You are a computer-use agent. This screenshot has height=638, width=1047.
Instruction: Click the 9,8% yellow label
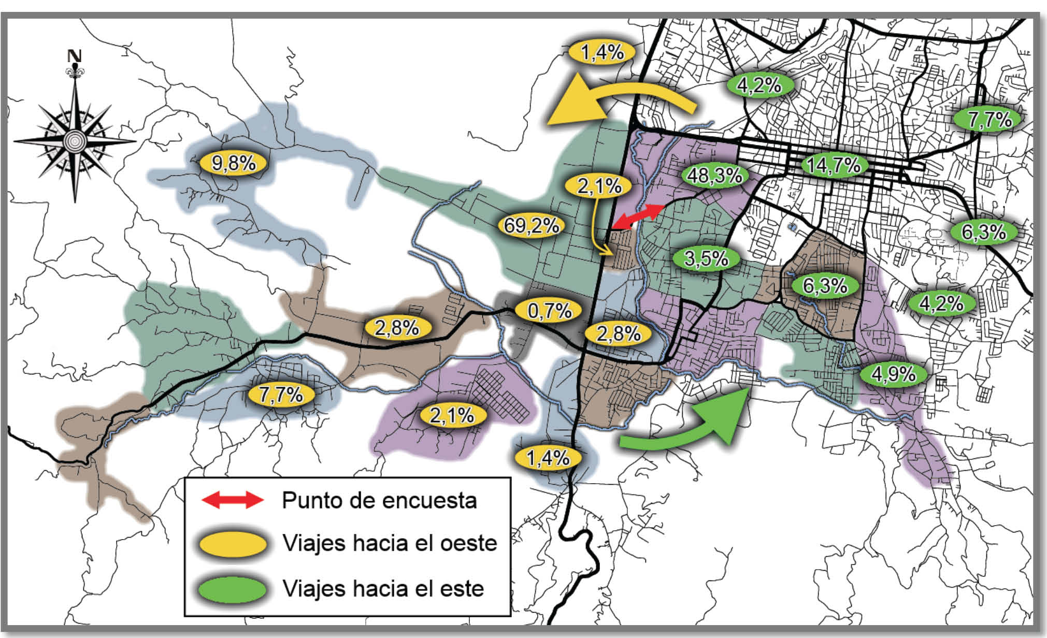pos(233,164)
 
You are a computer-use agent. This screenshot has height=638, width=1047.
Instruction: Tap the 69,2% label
pos(531,226)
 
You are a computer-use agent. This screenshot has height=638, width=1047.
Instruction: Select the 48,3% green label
pos(714,176)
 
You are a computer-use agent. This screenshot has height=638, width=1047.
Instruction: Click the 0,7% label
pos(549,311)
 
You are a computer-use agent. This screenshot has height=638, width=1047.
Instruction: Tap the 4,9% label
pos(893,374)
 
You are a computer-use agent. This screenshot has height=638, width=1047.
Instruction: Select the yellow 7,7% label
pos(281,395)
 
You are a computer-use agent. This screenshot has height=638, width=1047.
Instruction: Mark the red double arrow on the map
pos(638,217)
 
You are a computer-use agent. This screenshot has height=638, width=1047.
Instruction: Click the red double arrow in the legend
pos(233,500)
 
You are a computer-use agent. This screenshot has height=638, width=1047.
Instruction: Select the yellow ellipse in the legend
pos(233,544)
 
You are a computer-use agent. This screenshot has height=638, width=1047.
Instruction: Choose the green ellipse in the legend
pos(233,589)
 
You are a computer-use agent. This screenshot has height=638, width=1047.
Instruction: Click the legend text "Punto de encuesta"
pos(379,500)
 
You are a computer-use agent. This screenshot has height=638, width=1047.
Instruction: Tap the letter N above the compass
pos(76,56)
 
